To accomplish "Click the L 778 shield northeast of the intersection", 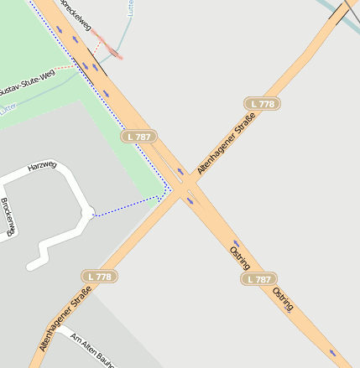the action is click(x=263, y=104).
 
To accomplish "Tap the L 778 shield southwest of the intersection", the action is click(x=99, y=276).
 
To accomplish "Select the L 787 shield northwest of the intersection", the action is click(x=139, y=136).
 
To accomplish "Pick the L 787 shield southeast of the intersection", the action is click(x=258, y=279).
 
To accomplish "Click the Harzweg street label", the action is click(x=42, y=166).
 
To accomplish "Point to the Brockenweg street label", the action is click(x=8, y=216).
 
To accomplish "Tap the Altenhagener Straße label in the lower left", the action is click(x=65, y=319).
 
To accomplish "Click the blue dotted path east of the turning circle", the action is click(x=126, y=206).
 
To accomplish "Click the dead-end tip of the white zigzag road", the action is click(x=30, y=267).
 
